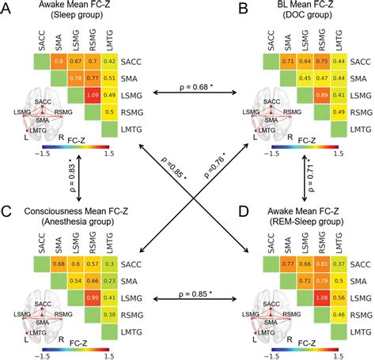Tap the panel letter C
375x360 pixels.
[x=8, y=211]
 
